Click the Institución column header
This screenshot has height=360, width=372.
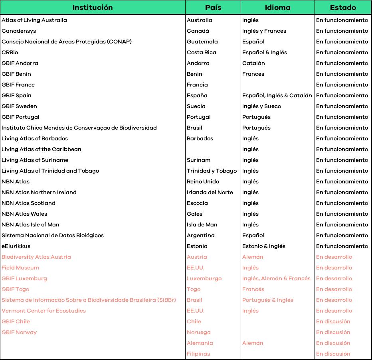[x=93, y=8]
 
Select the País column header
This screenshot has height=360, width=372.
[x=213, y=8]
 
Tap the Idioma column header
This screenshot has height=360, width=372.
[x=278, y=8]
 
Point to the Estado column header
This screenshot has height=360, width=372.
[x=343, y=8]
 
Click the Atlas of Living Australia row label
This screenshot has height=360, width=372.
[x=34, y=20]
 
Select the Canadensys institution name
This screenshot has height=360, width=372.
[x=19, y=31]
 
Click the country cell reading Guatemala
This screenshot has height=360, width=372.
[x=202, y=42]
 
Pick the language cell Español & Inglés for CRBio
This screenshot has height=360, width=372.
[x=265, y=53]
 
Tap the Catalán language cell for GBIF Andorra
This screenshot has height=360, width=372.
[x=253, y=63]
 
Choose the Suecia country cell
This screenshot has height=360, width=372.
[x=196, y=106]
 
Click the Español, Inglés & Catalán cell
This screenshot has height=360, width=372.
[x=277, y=96]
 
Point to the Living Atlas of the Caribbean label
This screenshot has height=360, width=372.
[x=42, y=150]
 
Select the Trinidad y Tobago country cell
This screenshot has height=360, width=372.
[x=212, y=171]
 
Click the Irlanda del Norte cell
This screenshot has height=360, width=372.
[x=210, y=193]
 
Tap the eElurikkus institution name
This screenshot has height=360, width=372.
[x=16, y=246]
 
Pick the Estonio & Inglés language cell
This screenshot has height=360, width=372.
[x=264, y=246]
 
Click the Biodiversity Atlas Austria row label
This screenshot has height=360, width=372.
[x=36, y=257]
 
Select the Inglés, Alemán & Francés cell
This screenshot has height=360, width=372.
[x=276, y=279]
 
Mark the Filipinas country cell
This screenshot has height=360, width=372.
[x=198, y=354]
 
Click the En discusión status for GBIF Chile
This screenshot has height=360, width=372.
[x=333, y=322]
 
